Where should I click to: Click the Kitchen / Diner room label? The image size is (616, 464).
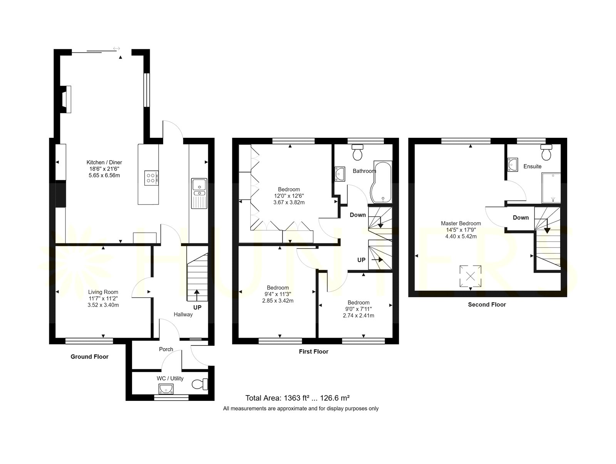coord(104,162)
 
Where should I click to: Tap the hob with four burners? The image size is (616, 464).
coord(152,178)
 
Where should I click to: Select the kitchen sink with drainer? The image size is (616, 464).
coord(199,193)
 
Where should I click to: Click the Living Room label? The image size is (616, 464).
coord(103,292)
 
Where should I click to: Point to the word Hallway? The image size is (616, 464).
coord(183,314)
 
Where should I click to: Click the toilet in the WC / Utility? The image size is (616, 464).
coord(200,384)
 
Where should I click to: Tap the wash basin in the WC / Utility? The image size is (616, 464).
coord(166,389)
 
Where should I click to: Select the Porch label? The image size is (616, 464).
coord(166,349)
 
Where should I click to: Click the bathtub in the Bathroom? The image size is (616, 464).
coord(381,182)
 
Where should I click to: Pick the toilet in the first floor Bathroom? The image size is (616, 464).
coord(357,152)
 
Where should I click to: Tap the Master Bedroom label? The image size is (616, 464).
coord(461,223)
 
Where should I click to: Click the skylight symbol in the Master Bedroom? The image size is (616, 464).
coord(470,276)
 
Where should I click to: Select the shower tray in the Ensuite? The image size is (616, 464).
coord(551,188)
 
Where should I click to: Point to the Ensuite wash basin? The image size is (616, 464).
coord(512,164)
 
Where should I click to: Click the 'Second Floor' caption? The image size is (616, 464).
coord(487,305)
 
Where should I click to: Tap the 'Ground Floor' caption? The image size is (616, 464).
coord(89,357)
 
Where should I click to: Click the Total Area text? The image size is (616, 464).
coord(298,398)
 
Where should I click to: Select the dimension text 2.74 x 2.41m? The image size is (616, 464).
coord(358,315)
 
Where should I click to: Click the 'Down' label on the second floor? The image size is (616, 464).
coord(521,218)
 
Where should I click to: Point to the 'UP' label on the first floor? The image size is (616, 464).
coord(361,260)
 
